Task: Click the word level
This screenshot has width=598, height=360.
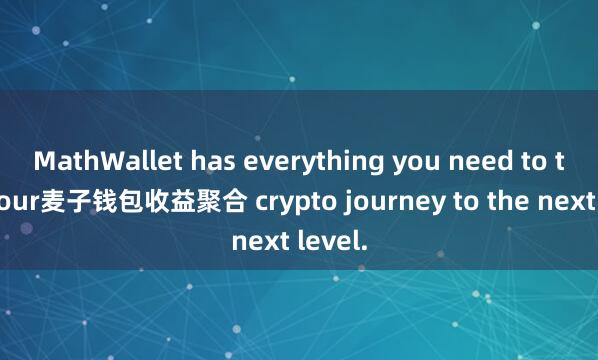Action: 330,239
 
